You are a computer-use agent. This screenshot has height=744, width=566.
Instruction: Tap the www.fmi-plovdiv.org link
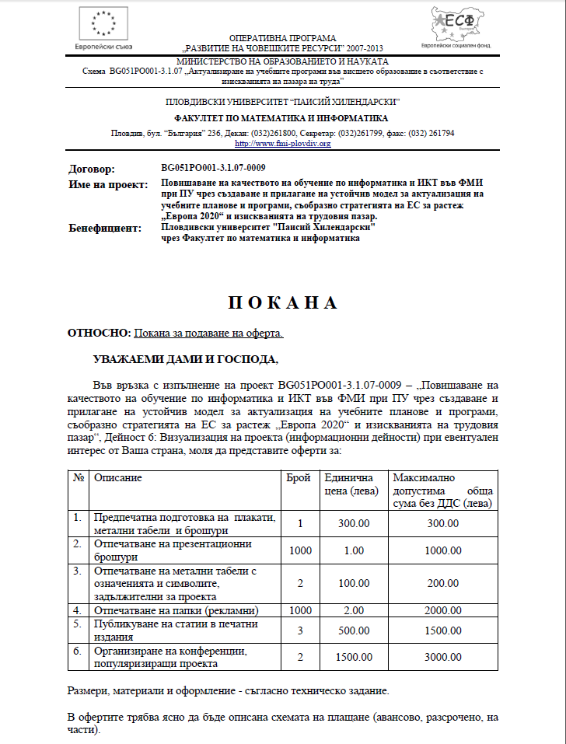(x=282, y=143)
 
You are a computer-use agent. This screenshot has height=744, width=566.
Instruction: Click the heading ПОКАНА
(x=283, y=302)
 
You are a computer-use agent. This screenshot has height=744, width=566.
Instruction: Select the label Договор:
(x=92, y=169)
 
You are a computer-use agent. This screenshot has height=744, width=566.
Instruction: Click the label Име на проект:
(x=108, y=184)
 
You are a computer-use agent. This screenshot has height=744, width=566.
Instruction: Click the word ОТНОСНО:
(x=100, y=334)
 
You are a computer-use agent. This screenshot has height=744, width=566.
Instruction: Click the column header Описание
(x=118, y=477)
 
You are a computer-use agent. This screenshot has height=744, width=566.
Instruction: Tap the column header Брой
(x=299, y=477)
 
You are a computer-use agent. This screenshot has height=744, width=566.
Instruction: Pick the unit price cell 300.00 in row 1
(x=354, y=523)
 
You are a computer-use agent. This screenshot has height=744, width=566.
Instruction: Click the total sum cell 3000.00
(x=443, y=658)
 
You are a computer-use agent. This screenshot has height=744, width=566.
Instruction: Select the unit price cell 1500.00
(x=354, y=658)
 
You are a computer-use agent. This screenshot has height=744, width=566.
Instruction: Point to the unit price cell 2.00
(x=354, y=610)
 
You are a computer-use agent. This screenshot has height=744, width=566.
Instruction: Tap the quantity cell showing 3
(x=299, y=630)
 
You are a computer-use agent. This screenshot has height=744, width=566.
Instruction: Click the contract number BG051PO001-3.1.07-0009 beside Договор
(x=214, y=168)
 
